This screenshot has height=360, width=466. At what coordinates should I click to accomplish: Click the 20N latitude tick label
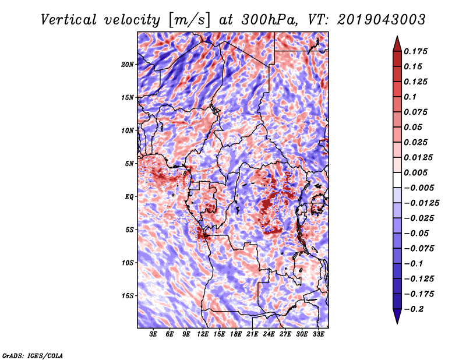128,64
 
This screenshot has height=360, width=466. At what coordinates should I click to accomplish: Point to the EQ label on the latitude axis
129,197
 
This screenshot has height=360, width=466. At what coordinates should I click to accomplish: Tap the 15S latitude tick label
128,296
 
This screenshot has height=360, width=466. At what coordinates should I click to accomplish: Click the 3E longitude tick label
154,334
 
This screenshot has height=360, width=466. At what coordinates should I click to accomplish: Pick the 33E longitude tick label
317,334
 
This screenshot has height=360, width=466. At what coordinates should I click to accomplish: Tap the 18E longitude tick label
235,334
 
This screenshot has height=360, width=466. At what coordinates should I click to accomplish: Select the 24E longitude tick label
268,334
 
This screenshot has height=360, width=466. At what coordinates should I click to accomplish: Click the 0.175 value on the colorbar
417,51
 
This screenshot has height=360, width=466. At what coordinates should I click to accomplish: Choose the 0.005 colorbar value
417,172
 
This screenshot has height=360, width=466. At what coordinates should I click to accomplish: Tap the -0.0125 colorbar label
423,203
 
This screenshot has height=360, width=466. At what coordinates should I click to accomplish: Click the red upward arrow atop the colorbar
397,43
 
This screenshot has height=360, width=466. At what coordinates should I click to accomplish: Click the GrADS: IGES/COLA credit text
32,355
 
